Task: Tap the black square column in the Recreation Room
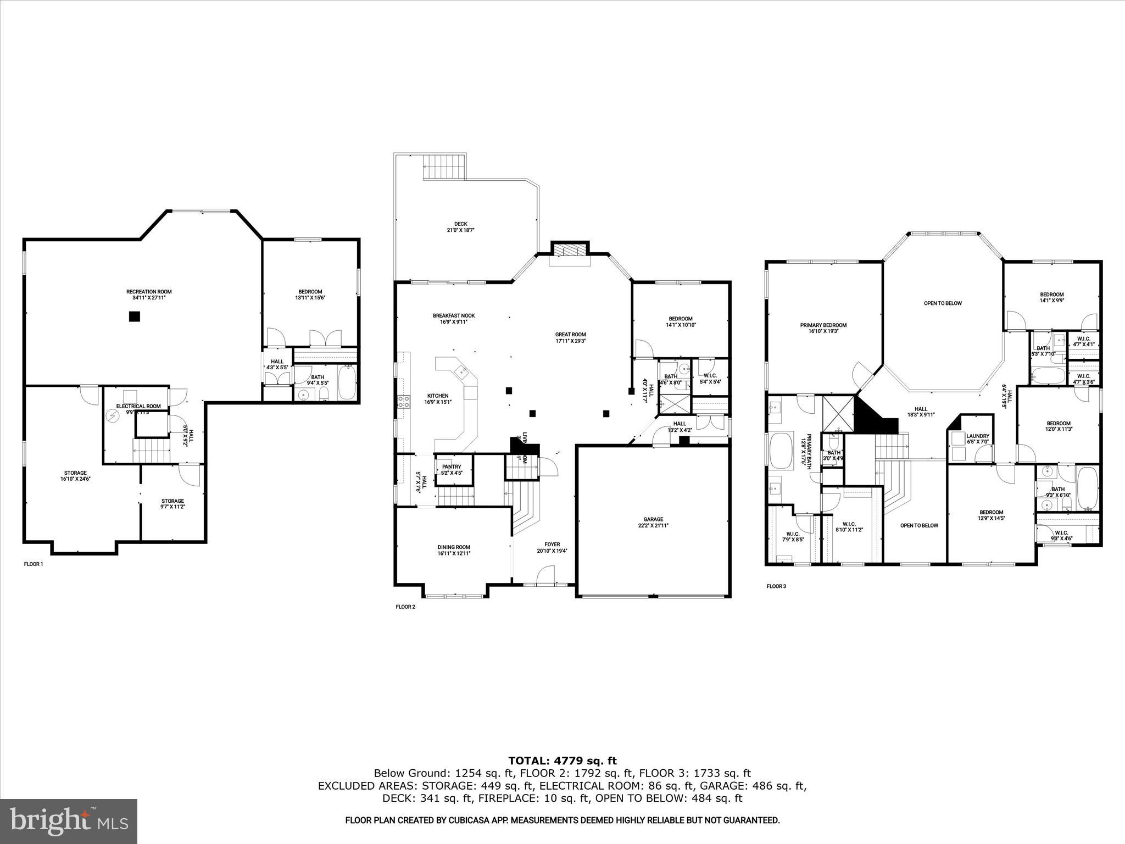135,316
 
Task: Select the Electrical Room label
138,407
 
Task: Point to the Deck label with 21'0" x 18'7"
460,227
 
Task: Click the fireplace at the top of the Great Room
570,251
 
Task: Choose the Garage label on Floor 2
653,522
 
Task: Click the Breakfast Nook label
453,319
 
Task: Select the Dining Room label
454,550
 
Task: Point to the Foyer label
552,547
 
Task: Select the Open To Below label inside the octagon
943,303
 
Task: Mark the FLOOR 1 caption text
34,564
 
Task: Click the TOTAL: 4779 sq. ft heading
562,761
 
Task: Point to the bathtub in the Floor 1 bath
347,384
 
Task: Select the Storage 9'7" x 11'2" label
172,503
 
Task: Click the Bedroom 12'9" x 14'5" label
991,515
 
